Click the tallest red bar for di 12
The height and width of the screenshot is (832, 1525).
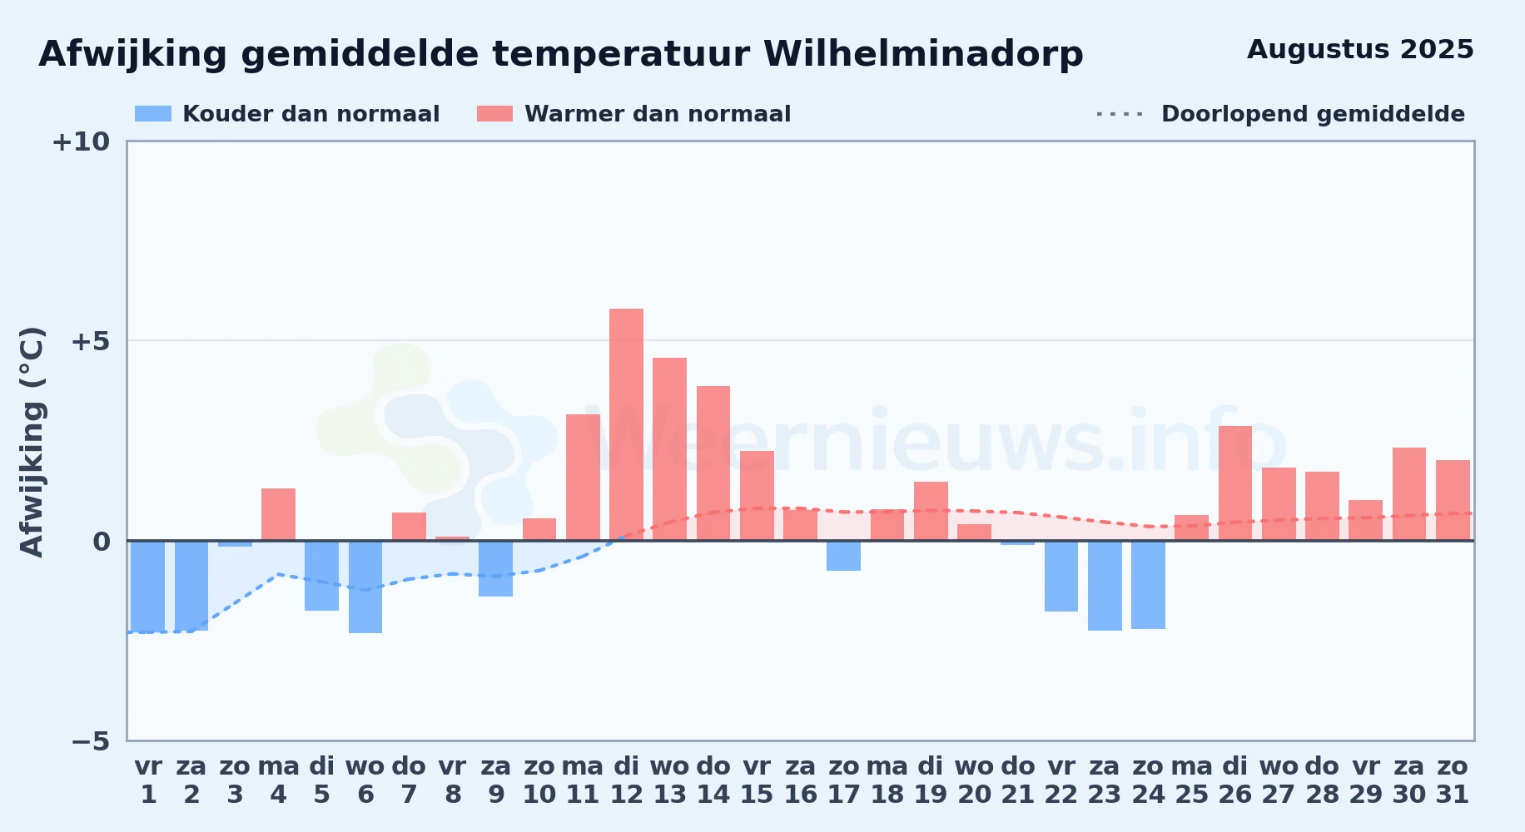coord(626,424)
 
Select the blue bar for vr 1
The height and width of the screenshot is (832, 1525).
coord(148,587)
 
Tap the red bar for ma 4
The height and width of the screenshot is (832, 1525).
coord(278,514)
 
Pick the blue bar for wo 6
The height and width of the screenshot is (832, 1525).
coord(365,587)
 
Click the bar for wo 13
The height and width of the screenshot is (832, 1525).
coord(669,449)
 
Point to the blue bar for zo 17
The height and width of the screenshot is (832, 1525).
coord(843,556)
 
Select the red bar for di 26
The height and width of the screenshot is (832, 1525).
coord(1235,483)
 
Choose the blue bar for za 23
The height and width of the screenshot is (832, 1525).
coord(1105,586)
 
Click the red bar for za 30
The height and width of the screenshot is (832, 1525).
coord(1409,494)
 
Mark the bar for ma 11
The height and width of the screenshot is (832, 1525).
coord(583,478)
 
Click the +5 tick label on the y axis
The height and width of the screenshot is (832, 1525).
coord(91,341)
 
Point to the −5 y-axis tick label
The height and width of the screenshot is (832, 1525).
coord(91,741)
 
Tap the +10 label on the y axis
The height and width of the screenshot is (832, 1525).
coord(82,142)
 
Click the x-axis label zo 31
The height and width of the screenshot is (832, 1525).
coord(1453,780)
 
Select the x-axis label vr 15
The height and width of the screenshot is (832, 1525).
coord(757,780)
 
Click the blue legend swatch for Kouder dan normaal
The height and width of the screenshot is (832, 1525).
coord(153,114)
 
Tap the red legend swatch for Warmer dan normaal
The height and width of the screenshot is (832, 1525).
coord(495,114)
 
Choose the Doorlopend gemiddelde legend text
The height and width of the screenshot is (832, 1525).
coord(1313,114)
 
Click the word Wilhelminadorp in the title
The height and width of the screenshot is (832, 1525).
coord(923,55)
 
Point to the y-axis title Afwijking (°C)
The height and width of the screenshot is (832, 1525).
coord(32,441)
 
